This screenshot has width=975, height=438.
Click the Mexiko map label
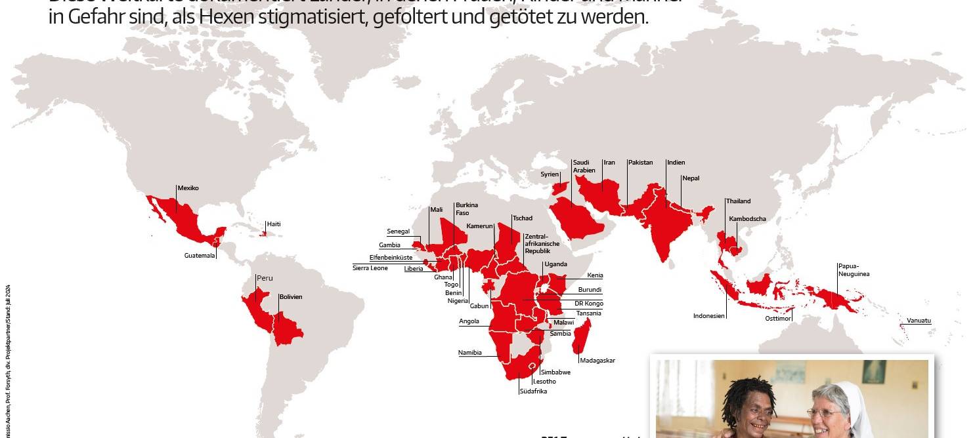coord(188,188)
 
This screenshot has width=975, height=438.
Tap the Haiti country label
coord(274,224)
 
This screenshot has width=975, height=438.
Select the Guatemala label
coord(200,256)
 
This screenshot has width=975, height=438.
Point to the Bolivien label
coord(290,297)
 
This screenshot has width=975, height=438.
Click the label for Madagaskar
coord(597,360)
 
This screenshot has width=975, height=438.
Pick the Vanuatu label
coord(919,321)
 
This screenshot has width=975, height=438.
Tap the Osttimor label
coord(778,319)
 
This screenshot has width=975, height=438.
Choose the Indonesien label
coord(709,316)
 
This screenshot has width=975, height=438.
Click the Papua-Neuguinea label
coord(853,270)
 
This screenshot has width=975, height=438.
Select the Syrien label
coord(549,174)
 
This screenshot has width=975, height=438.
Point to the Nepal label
coord(691,178)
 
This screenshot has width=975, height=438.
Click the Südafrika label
coord(532,391)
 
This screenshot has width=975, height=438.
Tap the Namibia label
coord(469,353)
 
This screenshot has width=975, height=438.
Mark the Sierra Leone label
coord(370,268)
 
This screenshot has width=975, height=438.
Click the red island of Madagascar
coord(582,336)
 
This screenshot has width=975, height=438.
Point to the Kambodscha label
coord(747,219)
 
